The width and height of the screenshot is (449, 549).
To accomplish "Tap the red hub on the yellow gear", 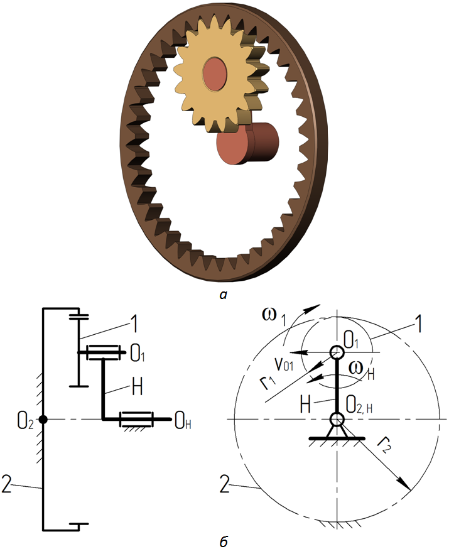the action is [x=215, y=74].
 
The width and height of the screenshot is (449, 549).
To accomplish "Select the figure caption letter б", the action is [x=224, y=541].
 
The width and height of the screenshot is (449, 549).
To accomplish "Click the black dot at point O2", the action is [x=43, y=419].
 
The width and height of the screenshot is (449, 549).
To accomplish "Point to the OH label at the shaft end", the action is [x=183, y=421].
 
